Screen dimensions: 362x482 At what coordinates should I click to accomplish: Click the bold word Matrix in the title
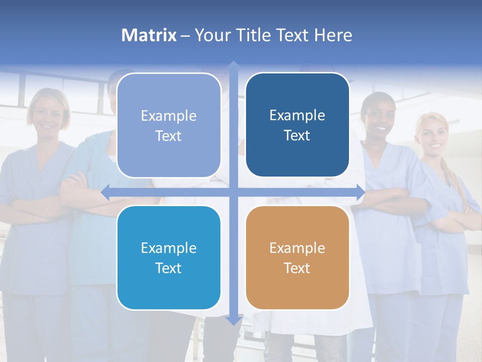coord(149,35)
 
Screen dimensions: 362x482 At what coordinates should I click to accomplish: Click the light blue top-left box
coord(169,125)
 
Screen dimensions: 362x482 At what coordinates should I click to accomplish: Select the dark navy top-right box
coord(297,125)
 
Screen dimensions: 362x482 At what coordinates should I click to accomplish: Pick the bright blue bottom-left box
coord(169,257)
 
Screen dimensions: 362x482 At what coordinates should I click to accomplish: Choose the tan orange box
coord(297,257)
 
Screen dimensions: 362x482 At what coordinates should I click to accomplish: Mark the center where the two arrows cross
coord(233,193)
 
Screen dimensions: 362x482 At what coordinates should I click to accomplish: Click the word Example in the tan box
coord(297,248)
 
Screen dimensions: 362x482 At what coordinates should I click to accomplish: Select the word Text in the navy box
coord(297,135)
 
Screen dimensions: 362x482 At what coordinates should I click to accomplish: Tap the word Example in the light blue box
coord(169,116)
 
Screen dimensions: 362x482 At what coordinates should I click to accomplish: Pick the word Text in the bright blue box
coord(169,268)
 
